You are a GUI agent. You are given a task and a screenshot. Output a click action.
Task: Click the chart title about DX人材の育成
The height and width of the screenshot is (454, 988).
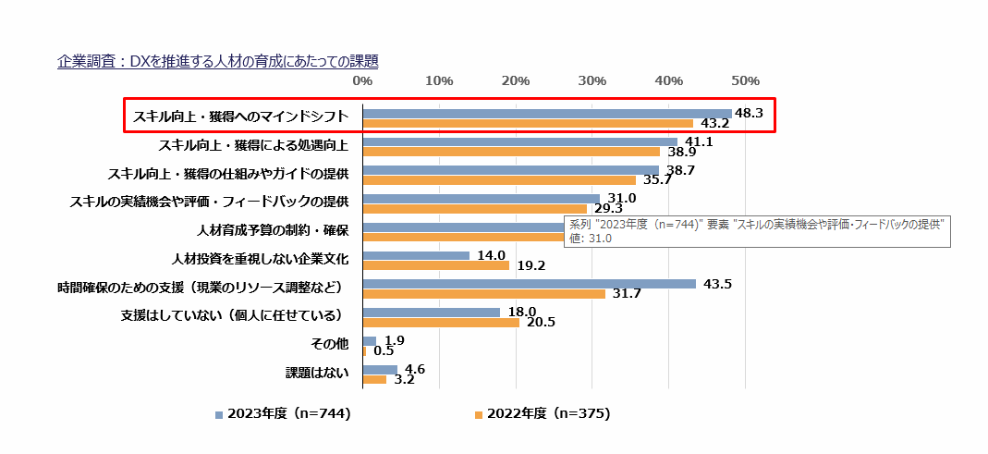(x=217, y=62)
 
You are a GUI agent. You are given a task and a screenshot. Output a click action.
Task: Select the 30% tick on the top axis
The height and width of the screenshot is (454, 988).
(x=592, y=81)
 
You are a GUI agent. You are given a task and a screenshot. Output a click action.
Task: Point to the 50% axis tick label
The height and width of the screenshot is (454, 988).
(x=745, y=81)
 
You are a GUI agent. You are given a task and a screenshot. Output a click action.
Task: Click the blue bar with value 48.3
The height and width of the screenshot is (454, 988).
(x=547, y=114)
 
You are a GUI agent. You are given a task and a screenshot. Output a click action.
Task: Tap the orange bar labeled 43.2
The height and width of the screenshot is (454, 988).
(x=528, y=123)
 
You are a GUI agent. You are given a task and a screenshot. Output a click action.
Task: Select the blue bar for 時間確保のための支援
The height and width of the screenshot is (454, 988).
(x=529, y=284)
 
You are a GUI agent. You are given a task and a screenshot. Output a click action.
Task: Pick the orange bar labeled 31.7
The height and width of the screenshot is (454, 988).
(x=484, y=294)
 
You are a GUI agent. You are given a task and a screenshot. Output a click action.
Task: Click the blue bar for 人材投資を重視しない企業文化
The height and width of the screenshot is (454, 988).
(x=416, y=255)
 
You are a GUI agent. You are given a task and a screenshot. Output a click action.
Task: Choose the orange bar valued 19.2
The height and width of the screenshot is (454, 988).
(x=436, y=265)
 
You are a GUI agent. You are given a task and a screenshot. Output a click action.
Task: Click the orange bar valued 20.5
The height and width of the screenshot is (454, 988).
(x=441, y=323)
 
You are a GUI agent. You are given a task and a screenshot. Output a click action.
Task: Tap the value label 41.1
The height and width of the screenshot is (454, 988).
(x=698, y=141)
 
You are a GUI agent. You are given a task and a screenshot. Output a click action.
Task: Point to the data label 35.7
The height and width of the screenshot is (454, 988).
(x=657, y=180)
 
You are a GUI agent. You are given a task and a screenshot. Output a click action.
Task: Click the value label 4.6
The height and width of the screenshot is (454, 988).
(x=415, y=369)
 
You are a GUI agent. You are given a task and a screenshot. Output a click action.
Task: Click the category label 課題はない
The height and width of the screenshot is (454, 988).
(x=317, y=374)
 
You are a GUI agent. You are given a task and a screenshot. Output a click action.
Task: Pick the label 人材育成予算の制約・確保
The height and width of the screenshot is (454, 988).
(x=273, y=229)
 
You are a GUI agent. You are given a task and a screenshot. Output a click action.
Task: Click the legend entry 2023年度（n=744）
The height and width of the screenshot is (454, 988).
(x=283, y=414)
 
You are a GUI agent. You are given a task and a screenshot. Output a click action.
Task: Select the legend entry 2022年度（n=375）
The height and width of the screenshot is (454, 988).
(x=543, y=414)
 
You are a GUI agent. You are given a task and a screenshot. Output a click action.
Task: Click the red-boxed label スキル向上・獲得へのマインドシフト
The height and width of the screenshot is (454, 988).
(x=241, y=117)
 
